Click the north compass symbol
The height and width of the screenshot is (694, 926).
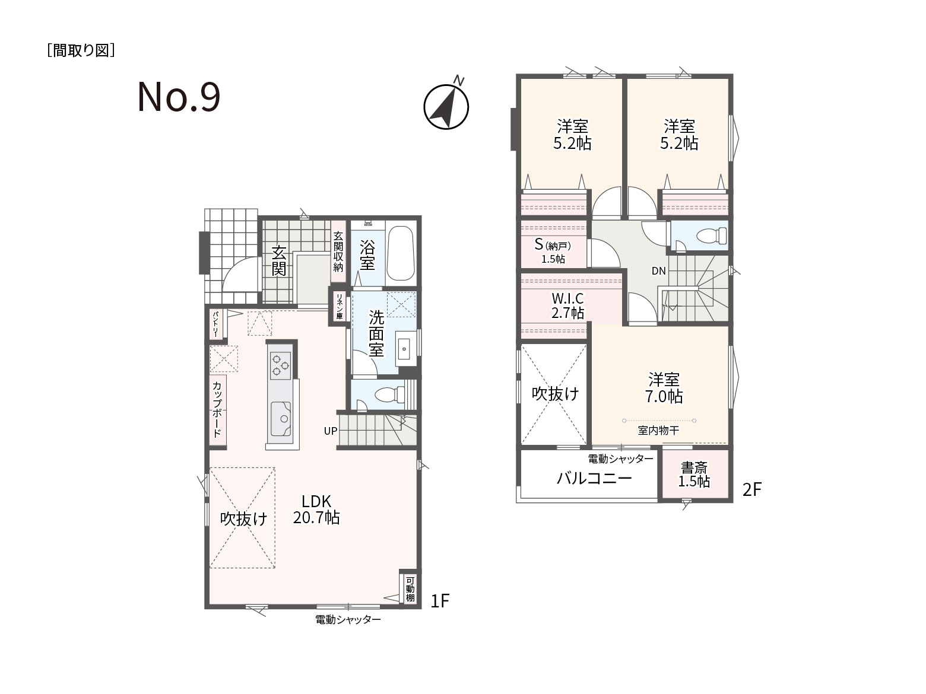(x=446, y=106)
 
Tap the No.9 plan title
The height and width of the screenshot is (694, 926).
(x=179, y=97)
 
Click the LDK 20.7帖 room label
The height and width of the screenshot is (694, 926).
(x=316, y=510)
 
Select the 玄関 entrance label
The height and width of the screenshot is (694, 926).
(x=278, y=260)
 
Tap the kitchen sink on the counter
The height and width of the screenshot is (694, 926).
(x=281, y=418)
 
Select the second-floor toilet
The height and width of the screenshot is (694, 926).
(x=712, y=235)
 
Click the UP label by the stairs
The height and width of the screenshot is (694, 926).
(x=330, y=431)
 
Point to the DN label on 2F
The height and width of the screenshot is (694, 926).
(x=658, y=271)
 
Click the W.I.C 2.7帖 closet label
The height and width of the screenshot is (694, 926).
(x=567, y=306)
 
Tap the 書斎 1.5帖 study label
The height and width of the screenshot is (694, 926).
(x=694, y=475)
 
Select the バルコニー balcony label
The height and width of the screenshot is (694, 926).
(x=594, y=478)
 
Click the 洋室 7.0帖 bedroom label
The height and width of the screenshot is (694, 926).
(x=664, y=388)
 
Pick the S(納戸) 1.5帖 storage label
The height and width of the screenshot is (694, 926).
(x=553, y=251)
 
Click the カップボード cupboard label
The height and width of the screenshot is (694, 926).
(x=217, y=409)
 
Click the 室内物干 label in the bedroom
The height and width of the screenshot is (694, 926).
(x=658, y=431)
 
